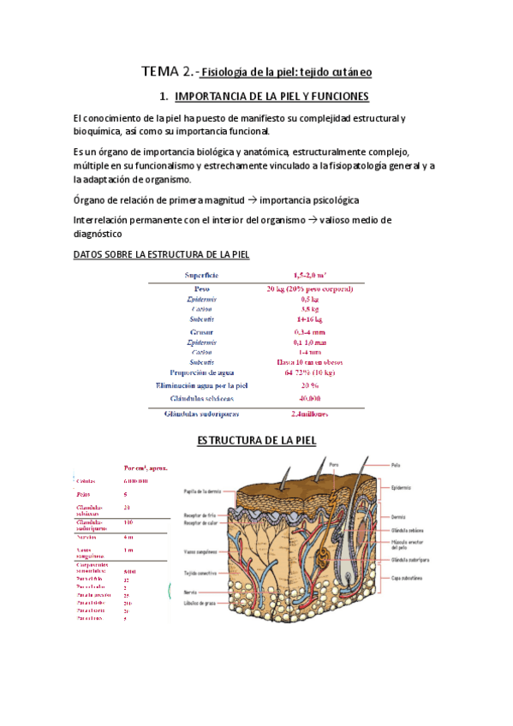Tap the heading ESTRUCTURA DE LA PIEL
[257, 440]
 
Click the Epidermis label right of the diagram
[403, 487]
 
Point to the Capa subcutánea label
[409, 578]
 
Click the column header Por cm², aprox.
[146, 468]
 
